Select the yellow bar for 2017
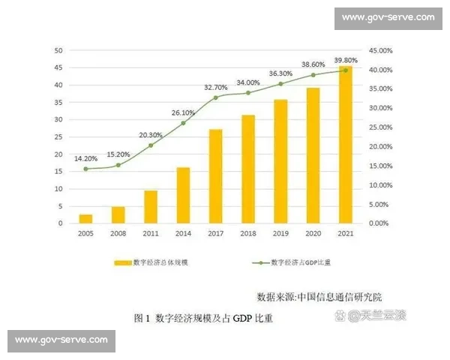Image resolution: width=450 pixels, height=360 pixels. click(215, 176)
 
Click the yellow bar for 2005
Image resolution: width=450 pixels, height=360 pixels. click(85, 218)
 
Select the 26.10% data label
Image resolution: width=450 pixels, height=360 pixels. click(183, 112)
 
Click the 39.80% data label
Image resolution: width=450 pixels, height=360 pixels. click(346, 60)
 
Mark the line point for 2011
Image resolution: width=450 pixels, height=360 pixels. click(151, 145)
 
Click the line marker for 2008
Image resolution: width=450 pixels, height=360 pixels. click(118, 165)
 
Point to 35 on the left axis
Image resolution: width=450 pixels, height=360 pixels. click(57, 102)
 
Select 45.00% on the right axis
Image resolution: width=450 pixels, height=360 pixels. click(382, 50)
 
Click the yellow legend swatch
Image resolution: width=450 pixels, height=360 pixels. click(122, 263)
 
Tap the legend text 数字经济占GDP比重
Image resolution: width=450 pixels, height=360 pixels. click(301, 263)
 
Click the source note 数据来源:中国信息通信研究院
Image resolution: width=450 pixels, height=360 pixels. click(319, 295)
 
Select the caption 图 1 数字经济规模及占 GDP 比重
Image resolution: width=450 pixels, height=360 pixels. click(203, 318)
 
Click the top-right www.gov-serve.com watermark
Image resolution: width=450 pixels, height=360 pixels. click(388, 17)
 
